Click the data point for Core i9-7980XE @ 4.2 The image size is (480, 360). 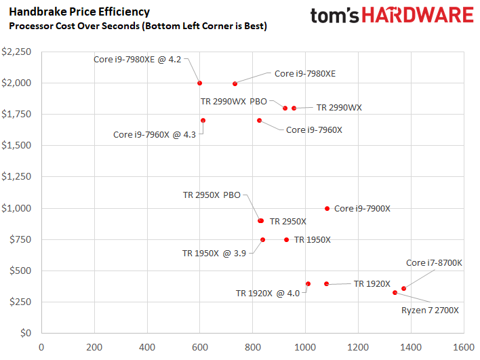(x=200, y=83)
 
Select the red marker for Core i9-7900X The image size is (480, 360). (x=327, y=209)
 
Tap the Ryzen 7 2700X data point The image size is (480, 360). (x=395, y=293)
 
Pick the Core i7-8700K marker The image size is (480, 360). (x=403, y=289)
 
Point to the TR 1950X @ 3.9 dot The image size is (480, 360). (x=263, y=239)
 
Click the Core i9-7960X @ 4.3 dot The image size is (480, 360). (x=203, y=121)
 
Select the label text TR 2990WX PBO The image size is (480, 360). (x=234, y=101)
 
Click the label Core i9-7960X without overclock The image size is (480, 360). (x=314, y=129)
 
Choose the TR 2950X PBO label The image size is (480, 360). (x=212, y=195)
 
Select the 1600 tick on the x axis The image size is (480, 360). (x=463, y=347)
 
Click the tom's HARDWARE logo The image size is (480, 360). (x=392, y=16)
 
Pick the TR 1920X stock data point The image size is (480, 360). (x=326, y=284)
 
